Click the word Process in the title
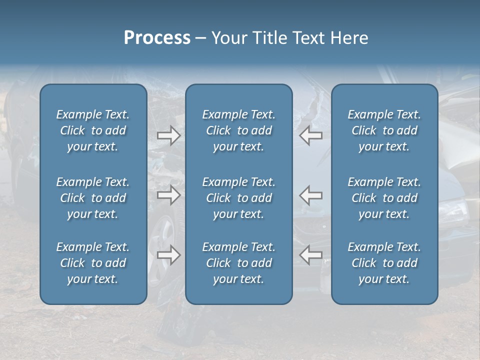click(x=157, y=38)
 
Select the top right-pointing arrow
click(x=168, y=135)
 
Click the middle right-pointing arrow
click(x=168, y=195)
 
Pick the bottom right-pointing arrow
click(x=168, y=255)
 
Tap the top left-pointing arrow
click(x=311, y=135)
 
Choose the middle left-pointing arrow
click(x=311, y=195)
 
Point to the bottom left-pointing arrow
click(x=311, y=255)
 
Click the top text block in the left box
click(x=93, y=130)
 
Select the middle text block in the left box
click(x=93, y=198)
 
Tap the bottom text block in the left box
click(x=93, y=263)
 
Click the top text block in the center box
click(x=239, y=130)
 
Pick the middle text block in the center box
click(x=239, y=198)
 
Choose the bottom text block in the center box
click(x=239, y=263)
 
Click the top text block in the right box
click(x=384, y=130)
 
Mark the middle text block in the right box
click(x=384, y=198)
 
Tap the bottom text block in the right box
click(x=384, y=263)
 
